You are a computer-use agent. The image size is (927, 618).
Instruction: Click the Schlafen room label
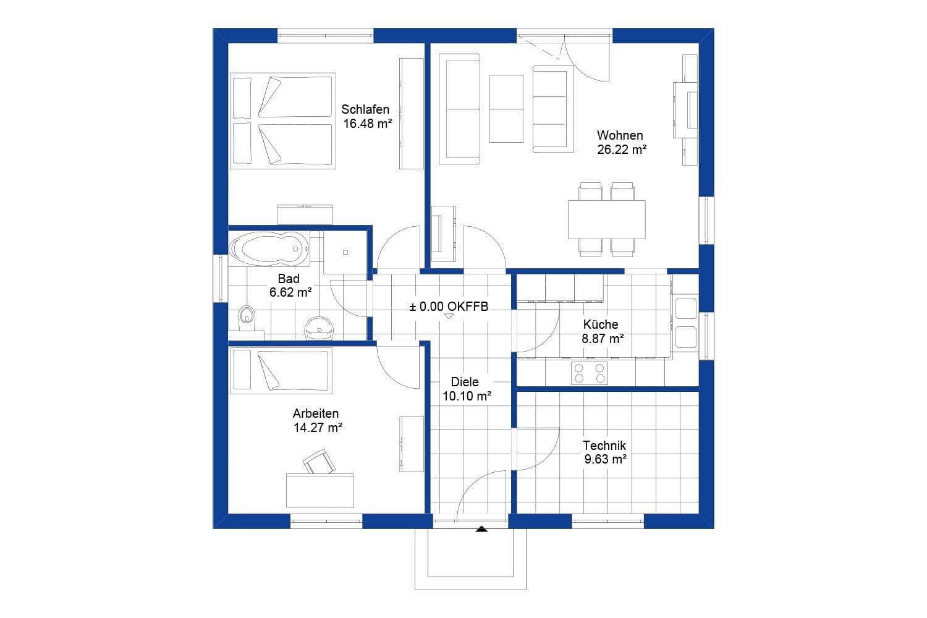pyautogui.click(x=365, y=109)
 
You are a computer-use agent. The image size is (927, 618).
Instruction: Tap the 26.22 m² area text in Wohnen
pyautogui.click(x=621, y=149)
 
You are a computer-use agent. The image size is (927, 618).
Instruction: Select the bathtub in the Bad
pyautogui.click(x=269, y=248)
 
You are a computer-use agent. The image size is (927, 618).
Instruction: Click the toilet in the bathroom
pyautogui.click(x=247, y=317)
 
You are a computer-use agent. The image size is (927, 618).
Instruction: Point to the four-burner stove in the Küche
pyautogui.click(x=589, y=373)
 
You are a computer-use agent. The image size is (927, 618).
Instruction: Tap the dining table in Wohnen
pyautogui.click(x=606, y=219)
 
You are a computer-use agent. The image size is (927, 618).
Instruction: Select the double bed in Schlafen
pyautogui.click(x=283, y=121)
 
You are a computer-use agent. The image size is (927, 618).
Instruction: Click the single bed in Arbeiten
pyautogui.click(x=281, y=370)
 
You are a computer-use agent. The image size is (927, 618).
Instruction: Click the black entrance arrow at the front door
pyautogui.click(x=481, y=528)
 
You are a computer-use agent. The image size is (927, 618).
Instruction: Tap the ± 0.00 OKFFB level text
pyautogui.click(x=449, y=306)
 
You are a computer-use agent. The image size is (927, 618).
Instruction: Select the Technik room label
pyautogui.click(x=604, y=445)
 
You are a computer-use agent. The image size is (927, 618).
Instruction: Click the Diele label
pyautogui.click(x=464, y=382)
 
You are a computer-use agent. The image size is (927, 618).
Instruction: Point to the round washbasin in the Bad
pyautogui.click(x=320, y=328)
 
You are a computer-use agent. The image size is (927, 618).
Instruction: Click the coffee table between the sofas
pyautogui.click(x=506, y=109)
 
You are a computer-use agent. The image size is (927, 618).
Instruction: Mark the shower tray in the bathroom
pyautogui.click(x=345, y=252)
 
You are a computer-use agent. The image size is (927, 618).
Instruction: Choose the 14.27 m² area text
pyautogui.click(x=318, y=427)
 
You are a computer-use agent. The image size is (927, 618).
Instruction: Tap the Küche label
pyautogui.click(x=600, y=324)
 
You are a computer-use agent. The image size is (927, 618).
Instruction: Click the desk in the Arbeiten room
pyautogui.click(x=320, y=490)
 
